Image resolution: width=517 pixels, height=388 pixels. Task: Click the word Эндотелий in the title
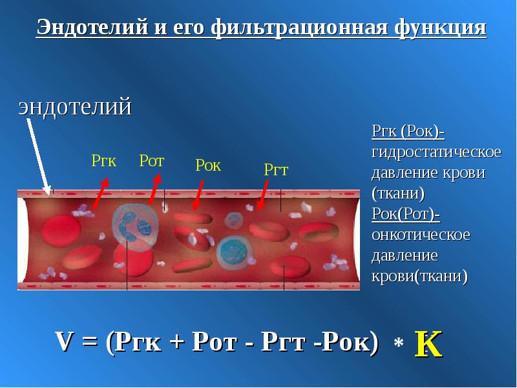(92, 27)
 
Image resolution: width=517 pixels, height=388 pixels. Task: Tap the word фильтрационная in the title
(299, 28)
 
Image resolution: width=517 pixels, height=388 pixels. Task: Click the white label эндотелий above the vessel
(75, 107)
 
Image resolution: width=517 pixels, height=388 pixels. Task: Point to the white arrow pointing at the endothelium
(39, 157)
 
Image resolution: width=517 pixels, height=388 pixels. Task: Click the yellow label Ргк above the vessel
(104, 161)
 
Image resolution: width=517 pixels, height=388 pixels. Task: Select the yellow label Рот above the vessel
(152, 160)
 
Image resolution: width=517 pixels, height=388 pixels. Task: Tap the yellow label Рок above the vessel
(208, 165)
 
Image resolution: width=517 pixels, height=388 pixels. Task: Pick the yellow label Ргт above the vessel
(276, 170)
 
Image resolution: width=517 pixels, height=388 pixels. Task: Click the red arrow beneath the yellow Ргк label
(101, 193)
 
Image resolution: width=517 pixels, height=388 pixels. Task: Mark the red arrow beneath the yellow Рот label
(155, 189)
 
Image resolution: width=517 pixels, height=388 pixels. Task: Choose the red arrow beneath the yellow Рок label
(198, 195)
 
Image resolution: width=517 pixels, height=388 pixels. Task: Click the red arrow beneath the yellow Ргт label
(263, 195)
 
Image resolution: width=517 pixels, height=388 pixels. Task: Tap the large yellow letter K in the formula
(428, 344)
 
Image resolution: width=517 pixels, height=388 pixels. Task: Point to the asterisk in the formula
(398, 343)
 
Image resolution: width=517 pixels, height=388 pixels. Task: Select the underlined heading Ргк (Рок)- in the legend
(408, 131)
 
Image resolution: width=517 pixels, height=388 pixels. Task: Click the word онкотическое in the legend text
(421, 235)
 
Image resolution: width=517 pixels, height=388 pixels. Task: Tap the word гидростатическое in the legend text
(436, 153)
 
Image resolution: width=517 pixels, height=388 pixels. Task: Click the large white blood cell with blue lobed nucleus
(134, 225)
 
